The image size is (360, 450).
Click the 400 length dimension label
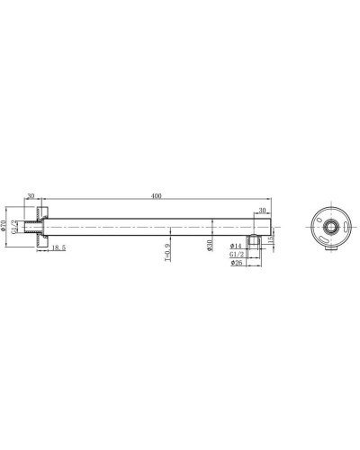157,194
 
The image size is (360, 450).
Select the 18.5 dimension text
58,247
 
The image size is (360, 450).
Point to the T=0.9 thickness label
167,251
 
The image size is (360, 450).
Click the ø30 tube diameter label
210,246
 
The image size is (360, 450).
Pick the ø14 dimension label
236,246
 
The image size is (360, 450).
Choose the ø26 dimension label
236,264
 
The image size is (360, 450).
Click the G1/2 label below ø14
237,255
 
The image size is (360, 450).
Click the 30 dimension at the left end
31,194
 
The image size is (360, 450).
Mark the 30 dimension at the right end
261,211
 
